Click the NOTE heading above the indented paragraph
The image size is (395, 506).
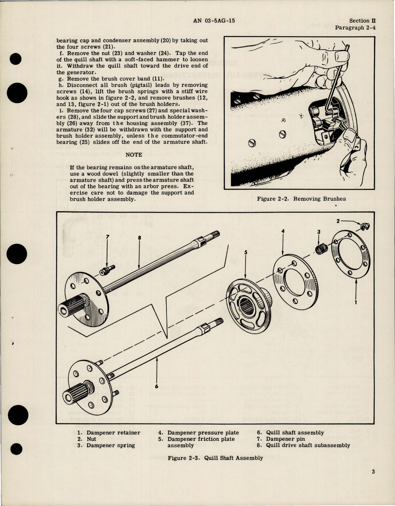pyautogui.click(x=134, y=155)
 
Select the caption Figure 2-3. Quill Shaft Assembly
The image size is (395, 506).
pyautogui.click(x=215, y=458)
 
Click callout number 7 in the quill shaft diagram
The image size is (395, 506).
pyautogui.click(x=107, y=237)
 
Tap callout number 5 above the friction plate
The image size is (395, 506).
pyautogui.click(x=246, y=252)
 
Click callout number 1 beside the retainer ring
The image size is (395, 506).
pyautogui.click(x=356, y=302)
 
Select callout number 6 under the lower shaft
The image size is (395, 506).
pyautogui.click(x=156, y=386)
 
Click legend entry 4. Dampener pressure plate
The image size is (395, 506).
pyautogui.click(x=199, y=433)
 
